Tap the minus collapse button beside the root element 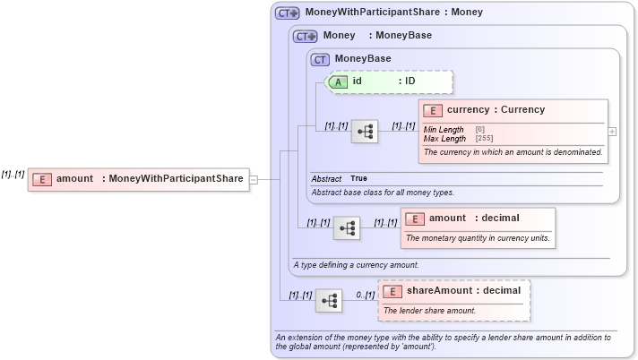coord(254,179)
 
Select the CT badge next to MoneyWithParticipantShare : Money coord(288,13)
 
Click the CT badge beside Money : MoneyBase coord(306,37)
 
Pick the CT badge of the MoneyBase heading coord(320,59)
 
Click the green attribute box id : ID coord(390,81)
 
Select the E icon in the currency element coord(435,110)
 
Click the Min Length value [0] coord(480,131)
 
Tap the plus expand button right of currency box coord(612,131)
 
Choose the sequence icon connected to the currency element coord(365,132)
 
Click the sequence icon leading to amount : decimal coord(347,228)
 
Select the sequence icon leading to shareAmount coord(329,301)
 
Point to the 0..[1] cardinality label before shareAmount coord(365,295)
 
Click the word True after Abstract coord(358,179)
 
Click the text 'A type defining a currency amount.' coord(357,265)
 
